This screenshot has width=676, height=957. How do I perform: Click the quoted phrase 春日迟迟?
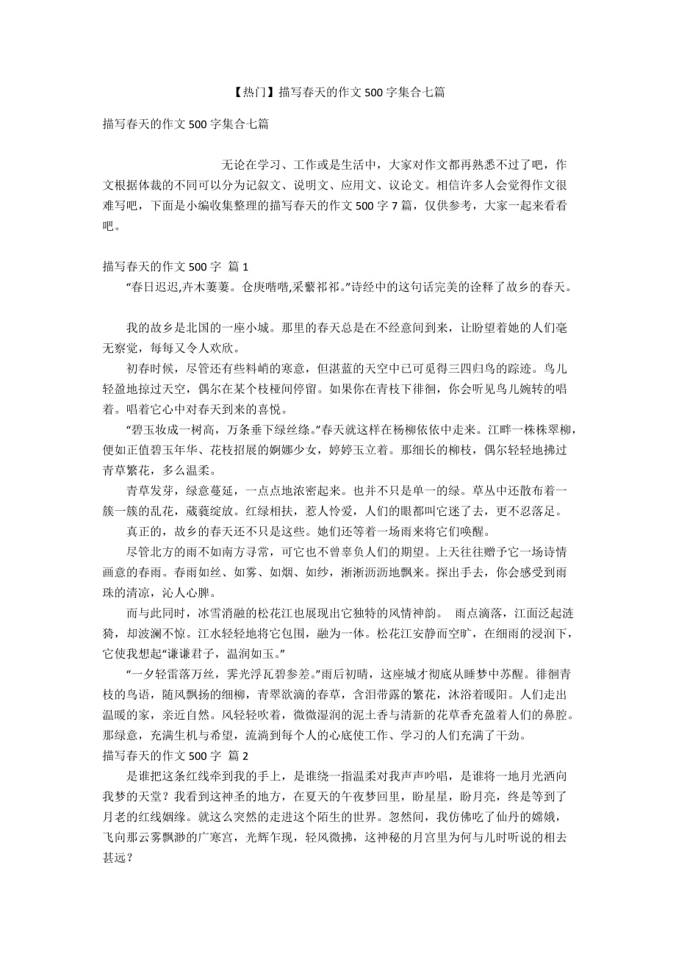click(155, 287)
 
